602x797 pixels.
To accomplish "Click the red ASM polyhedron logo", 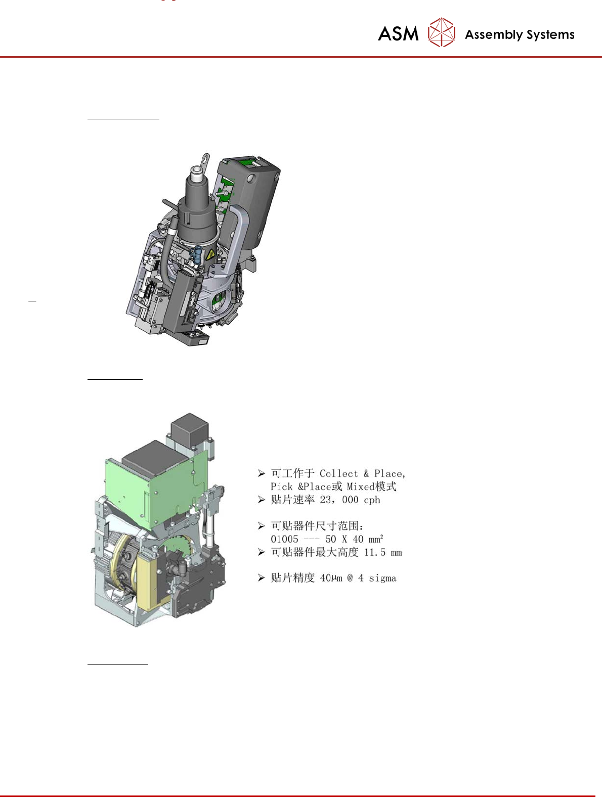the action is [441, 32].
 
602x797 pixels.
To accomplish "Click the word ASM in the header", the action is [398, 34].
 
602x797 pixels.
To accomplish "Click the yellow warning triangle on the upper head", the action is [210, 254].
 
